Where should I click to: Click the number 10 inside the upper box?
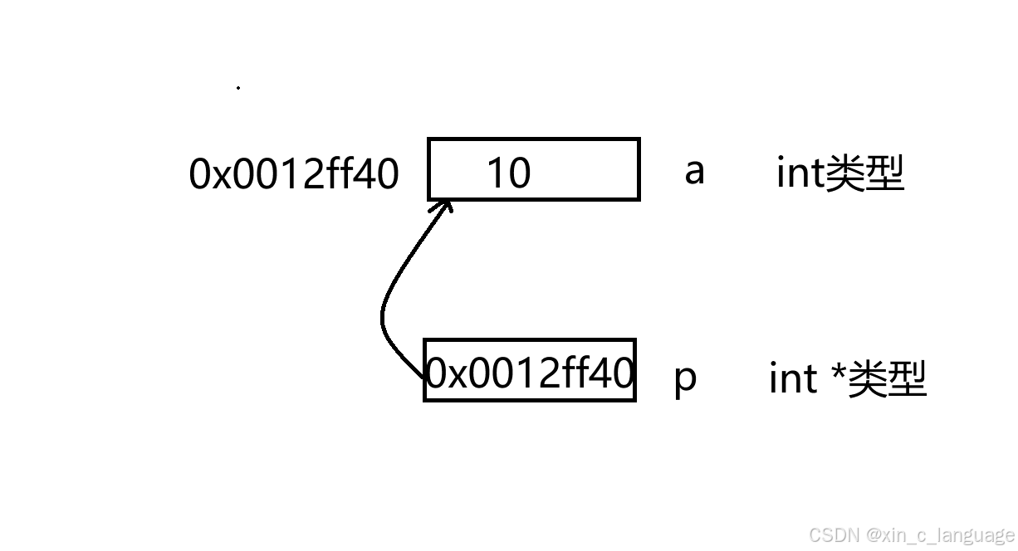click(508, 173)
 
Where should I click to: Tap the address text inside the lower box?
click(530, 373)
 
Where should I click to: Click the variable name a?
click(694, 172)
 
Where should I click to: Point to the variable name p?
click(685, 379)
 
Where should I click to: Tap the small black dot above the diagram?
click(238, 87)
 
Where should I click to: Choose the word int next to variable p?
click(793, 379)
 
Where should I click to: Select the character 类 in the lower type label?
click(866, 379)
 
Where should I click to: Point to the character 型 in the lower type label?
click(907, 379)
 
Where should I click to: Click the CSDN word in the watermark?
click(834, 534)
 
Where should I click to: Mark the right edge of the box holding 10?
click(639, 169)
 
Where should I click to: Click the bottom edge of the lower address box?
click(530, 400)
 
